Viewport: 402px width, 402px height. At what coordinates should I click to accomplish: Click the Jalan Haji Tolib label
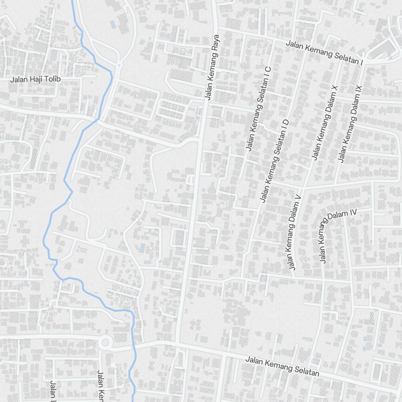pos(35,79)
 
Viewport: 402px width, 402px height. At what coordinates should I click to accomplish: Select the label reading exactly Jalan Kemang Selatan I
pos(324,53)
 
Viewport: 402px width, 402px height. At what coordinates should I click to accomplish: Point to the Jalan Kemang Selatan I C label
pos(258,109)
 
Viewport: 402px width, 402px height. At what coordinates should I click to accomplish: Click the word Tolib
pos(52,79)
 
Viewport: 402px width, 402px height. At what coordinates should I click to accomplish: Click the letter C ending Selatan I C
pos(268,69)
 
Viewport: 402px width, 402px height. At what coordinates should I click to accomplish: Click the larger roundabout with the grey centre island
pos(105,343)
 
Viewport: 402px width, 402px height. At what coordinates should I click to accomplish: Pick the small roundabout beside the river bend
pos(119,65)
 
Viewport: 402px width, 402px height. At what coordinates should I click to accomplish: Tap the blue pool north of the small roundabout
pos(113,25)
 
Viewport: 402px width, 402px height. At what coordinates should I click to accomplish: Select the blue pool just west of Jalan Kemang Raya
pos(142,248)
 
